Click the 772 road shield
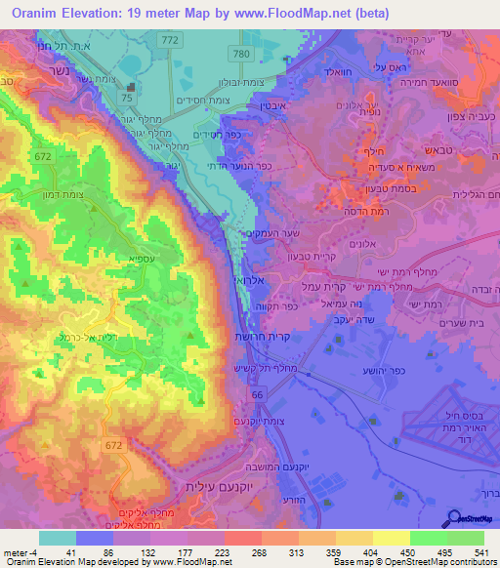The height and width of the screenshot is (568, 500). [171, 39]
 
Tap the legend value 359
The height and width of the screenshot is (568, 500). [324, 551]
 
